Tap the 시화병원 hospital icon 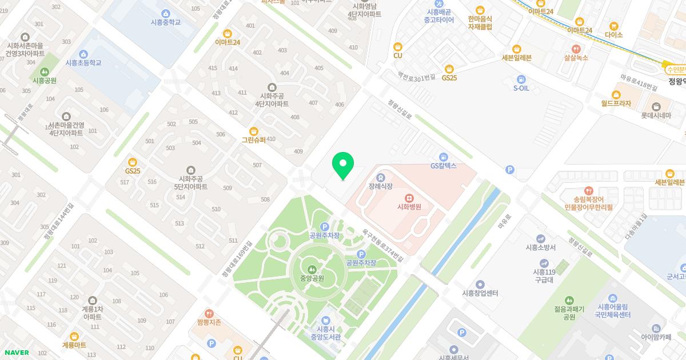pyautogui.click(x=409, y=197)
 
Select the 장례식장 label pyautogui.click(x=380, y=186)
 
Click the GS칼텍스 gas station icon pyautogui.click(x=444, y=157)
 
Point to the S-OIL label pyautogui.click(x=521, y=88)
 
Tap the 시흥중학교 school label pyautogui.click(x=166, y=22)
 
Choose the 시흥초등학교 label pyautogui.click(x=83, y=63)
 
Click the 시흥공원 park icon pyautogui.click(x=45, y=71)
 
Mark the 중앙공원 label pyautogui.click(x=312, y=279)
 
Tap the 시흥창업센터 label pyautogui.click(x=480, y=293)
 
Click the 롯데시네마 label pyautogui.click(x=655, y=115)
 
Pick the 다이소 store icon pyautogui.click(x=614, y=26)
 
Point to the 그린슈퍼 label pyautogui.click(x=254, y=139)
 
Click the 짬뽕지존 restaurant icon pyautogui.click(x=209, y=313)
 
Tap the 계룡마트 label pyautogui.click(x=74, y=345)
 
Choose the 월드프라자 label pyautogui.click(x=616, y=103)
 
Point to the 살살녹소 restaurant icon pyautogui.click(x=576, y=49)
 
